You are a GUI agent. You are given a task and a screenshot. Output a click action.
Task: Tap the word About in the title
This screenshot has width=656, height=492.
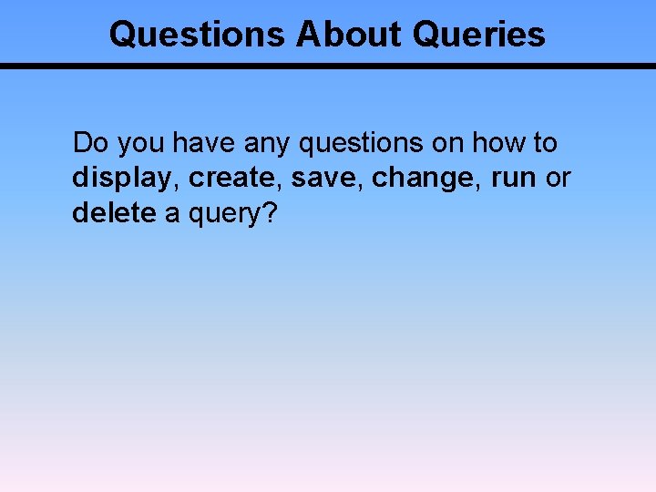(x=349, y=35)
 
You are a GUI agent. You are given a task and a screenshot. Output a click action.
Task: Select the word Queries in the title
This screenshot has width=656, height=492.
(x=478, y=35)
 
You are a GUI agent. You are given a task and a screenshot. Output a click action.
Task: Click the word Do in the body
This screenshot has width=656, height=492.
(x=89, y=143)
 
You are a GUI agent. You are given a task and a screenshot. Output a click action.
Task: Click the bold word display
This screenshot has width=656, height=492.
(x=123, y=179)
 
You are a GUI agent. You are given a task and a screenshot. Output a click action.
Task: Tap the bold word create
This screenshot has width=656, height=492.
(x=235, y=179)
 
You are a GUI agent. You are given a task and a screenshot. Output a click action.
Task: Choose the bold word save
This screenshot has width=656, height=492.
(x=326, y=179)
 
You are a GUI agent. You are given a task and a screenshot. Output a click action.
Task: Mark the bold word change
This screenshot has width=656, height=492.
(x=427, y=179)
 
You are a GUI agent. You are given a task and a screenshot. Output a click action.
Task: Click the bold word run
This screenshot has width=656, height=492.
(x=513, y=179)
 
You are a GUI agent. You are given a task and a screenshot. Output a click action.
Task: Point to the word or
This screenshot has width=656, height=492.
(x=558, y=179)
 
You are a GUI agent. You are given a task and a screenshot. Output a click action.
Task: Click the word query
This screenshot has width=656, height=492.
(x=227, y=214)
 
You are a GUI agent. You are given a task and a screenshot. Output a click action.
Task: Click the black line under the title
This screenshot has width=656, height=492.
(x=328, y=67)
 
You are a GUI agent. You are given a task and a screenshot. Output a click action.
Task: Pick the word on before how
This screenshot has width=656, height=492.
(x=446, y=143)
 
